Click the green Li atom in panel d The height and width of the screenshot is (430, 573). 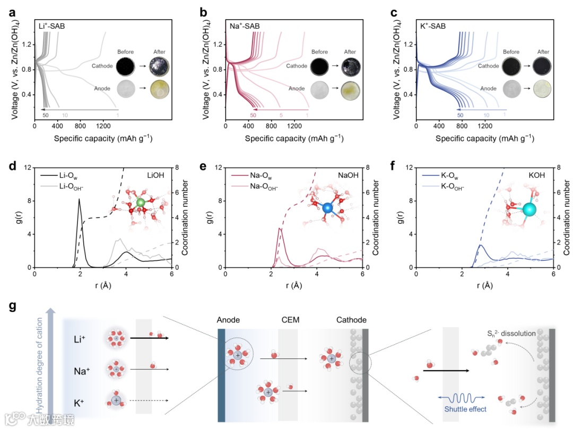(140, 203)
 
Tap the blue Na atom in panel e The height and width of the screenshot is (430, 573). (327, 208)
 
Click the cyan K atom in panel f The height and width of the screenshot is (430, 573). (529, 209)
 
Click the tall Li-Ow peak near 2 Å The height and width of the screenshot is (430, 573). (80, 200)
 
